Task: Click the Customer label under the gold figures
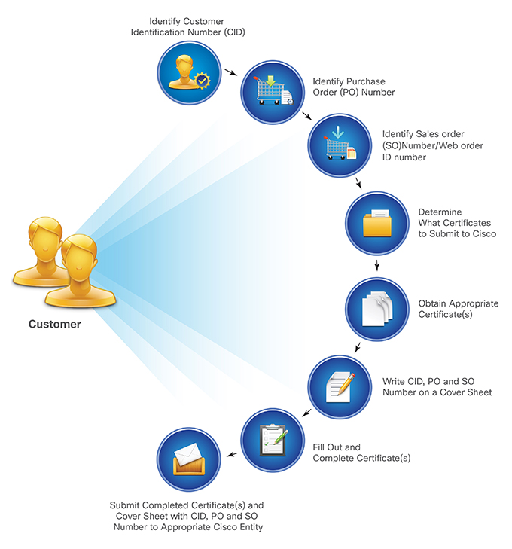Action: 54,325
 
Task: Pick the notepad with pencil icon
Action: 340,387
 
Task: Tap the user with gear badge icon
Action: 188,72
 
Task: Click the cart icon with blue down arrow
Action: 340,144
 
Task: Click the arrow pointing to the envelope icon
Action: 232,454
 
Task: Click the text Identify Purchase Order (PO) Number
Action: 354,87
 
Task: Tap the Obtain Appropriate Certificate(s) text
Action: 458,309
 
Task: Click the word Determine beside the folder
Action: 440,212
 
